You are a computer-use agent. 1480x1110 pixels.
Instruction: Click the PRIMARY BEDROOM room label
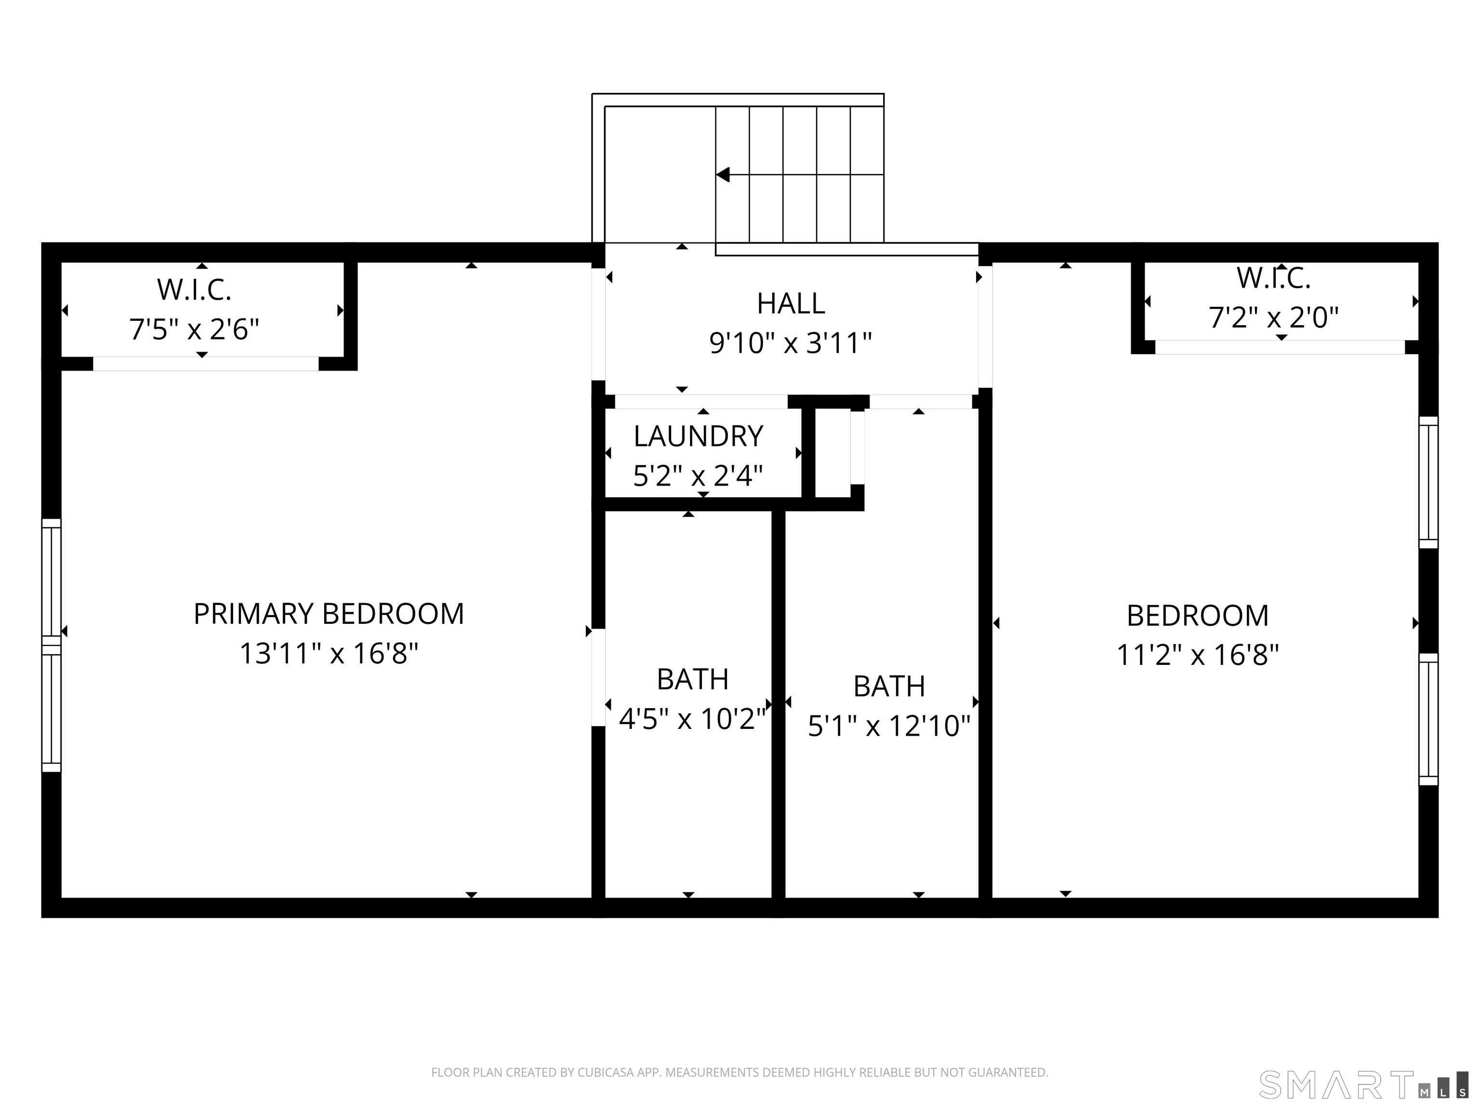329,614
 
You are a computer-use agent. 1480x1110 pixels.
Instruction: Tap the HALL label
791,304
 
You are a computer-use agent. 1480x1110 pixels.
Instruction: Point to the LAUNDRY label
699,436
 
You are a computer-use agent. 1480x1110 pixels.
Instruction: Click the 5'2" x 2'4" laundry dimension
698,476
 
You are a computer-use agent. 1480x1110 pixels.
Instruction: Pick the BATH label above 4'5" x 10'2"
692,679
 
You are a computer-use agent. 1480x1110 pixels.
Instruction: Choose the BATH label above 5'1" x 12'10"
889,686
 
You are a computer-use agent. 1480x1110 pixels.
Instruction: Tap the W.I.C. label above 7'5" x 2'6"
194,290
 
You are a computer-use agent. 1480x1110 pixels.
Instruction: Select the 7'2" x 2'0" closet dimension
1273,317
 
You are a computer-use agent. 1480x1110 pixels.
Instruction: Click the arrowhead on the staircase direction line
723,174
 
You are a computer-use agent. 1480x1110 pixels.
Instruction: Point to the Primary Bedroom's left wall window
52,646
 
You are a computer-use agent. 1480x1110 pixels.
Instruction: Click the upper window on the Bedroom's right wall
1428,482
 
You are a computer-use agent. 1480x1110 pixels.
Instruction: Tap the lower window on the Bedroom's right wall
1428,719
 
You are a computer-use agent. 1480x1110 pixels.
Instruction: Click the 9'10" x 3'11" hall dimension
791,343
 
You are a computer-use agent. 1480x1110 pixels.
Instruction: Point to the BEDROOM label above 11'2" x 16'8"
1198,616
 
